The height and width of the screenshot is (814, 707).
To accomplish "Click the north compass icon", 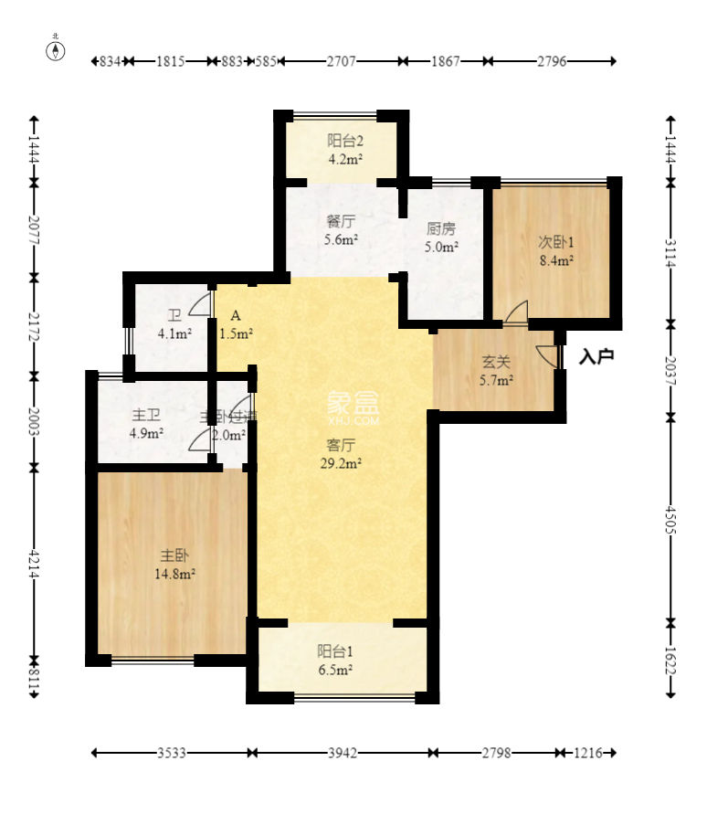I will (56, 49).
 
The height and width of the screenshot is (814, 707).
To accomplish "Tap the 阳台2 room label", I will (345, 149).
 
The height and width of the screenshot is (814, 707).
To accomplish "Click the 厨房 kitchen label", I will (441, 238).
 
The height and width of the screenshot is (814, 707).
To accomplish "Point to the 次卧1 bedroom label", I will (554, 251).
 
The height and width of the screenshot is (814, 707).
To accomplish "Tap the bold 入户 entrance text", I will (596, 356).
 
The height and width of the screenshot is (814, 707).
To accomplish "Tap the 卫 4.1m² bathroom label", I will (174, 325).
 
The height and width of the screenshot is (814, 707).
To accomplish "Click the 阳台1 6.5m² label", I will (335, 660).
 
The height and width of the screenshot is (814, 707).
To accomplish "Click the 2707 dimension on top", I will (341, 61).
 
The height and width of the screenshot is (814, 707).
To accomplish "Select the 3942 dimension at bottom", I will (343, 754).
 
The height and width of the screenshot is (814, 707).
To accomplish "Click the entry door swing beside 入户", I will (548, 355).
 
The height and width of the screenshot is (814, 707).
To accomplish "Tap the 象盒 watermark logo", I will (352, 404).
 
